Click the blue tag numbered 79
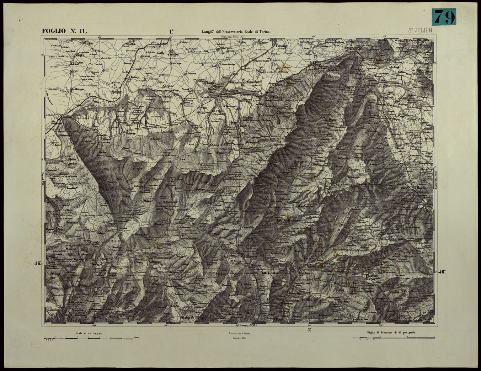(444, 17)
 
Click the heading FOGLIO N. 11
(64, 31)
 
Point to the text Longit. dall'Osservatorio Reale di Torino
(236, 32)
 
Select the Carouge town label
(282, 46)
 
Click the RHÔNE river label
(97, 101)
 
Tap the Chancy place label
(134, 77)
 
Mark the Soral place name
(185, 89)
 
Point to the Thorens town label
(371, 276)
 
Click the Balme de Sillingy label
(192, 317)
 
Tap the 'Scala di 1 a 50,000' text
(89, 334)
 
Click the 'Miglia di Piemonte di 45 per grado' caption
(391, 333)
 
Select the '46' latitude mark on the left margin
(38, 264)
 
